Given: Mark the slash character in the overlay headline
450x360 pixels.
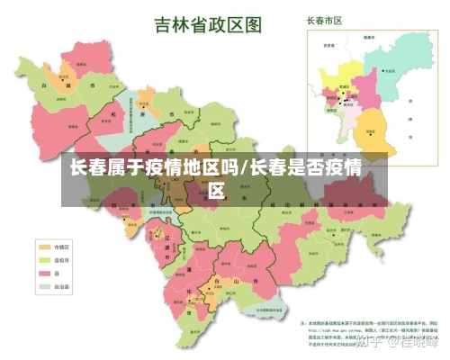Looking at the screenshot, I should pyautogui.click(x=244, y=167).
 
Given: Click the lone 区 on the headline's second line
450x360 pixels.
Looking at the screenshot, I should pyautogui.click(x=217, y=190).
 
